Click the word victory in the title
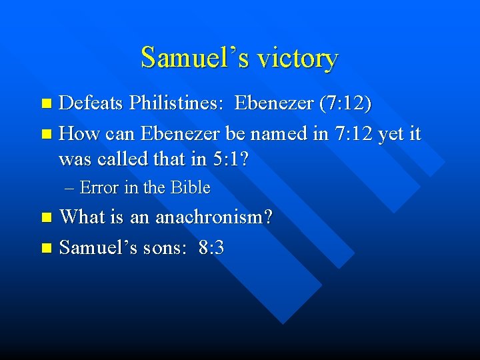point(298,58)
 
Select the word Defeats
point(91,103)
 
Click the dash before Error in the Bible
point(71,189)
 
